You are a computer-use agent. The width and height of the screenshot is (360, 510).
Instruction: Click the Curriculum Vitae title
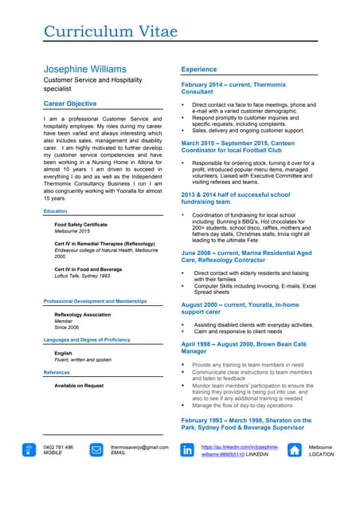tap(114, 32)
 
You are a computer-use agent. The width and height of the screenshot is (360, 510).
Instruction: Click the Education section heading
tap(55, 211)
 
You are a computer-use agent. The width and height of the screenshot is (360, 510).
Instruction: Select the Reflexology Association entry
tap(82, 315)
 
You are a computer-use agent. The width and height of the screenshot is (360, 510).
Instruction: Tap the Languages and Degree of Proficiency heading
tap(87, 339)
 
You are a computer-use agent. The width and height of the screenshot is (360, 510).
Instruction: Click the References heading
tap(57, 372)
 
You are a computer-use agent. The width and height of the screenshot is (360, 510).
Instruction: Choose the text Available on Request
tap(79, 386)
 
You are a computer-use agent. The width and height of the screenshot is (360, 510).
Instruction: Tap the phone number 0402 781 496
tap(58, 448)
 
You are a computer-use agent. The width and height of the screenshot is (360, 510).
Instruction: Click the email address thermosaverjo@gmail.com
tap(139, 448)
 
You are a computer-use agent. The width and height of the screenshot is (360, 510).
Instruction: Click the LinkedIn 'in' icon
tap(188, 450)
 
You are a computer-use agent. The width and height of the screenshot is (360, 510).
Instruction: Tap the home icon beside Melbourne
tap(295, 450)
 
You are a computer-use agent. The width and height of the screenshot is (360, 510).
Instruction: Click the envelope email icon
tap(96, 450)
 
